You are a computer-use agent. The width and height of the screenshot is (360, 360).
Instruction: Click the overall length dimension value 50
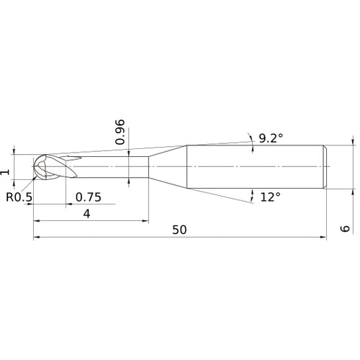pos(180,229)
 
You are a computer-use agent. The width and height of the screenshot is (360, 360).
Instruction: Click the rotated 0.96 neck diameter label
pos(121,132)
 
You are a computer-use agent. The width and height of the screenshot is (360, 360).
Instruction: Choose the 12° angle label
pos(270,196)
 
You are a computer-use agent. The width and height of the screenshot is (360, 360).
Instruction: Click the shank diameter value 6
pos(345,229)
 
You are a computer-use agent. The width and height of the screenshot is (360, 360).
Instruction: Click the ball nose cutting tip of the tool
pos(40,168)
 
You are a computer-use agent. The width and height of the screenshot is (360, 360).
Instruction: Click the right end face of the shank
pos(328,168)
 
